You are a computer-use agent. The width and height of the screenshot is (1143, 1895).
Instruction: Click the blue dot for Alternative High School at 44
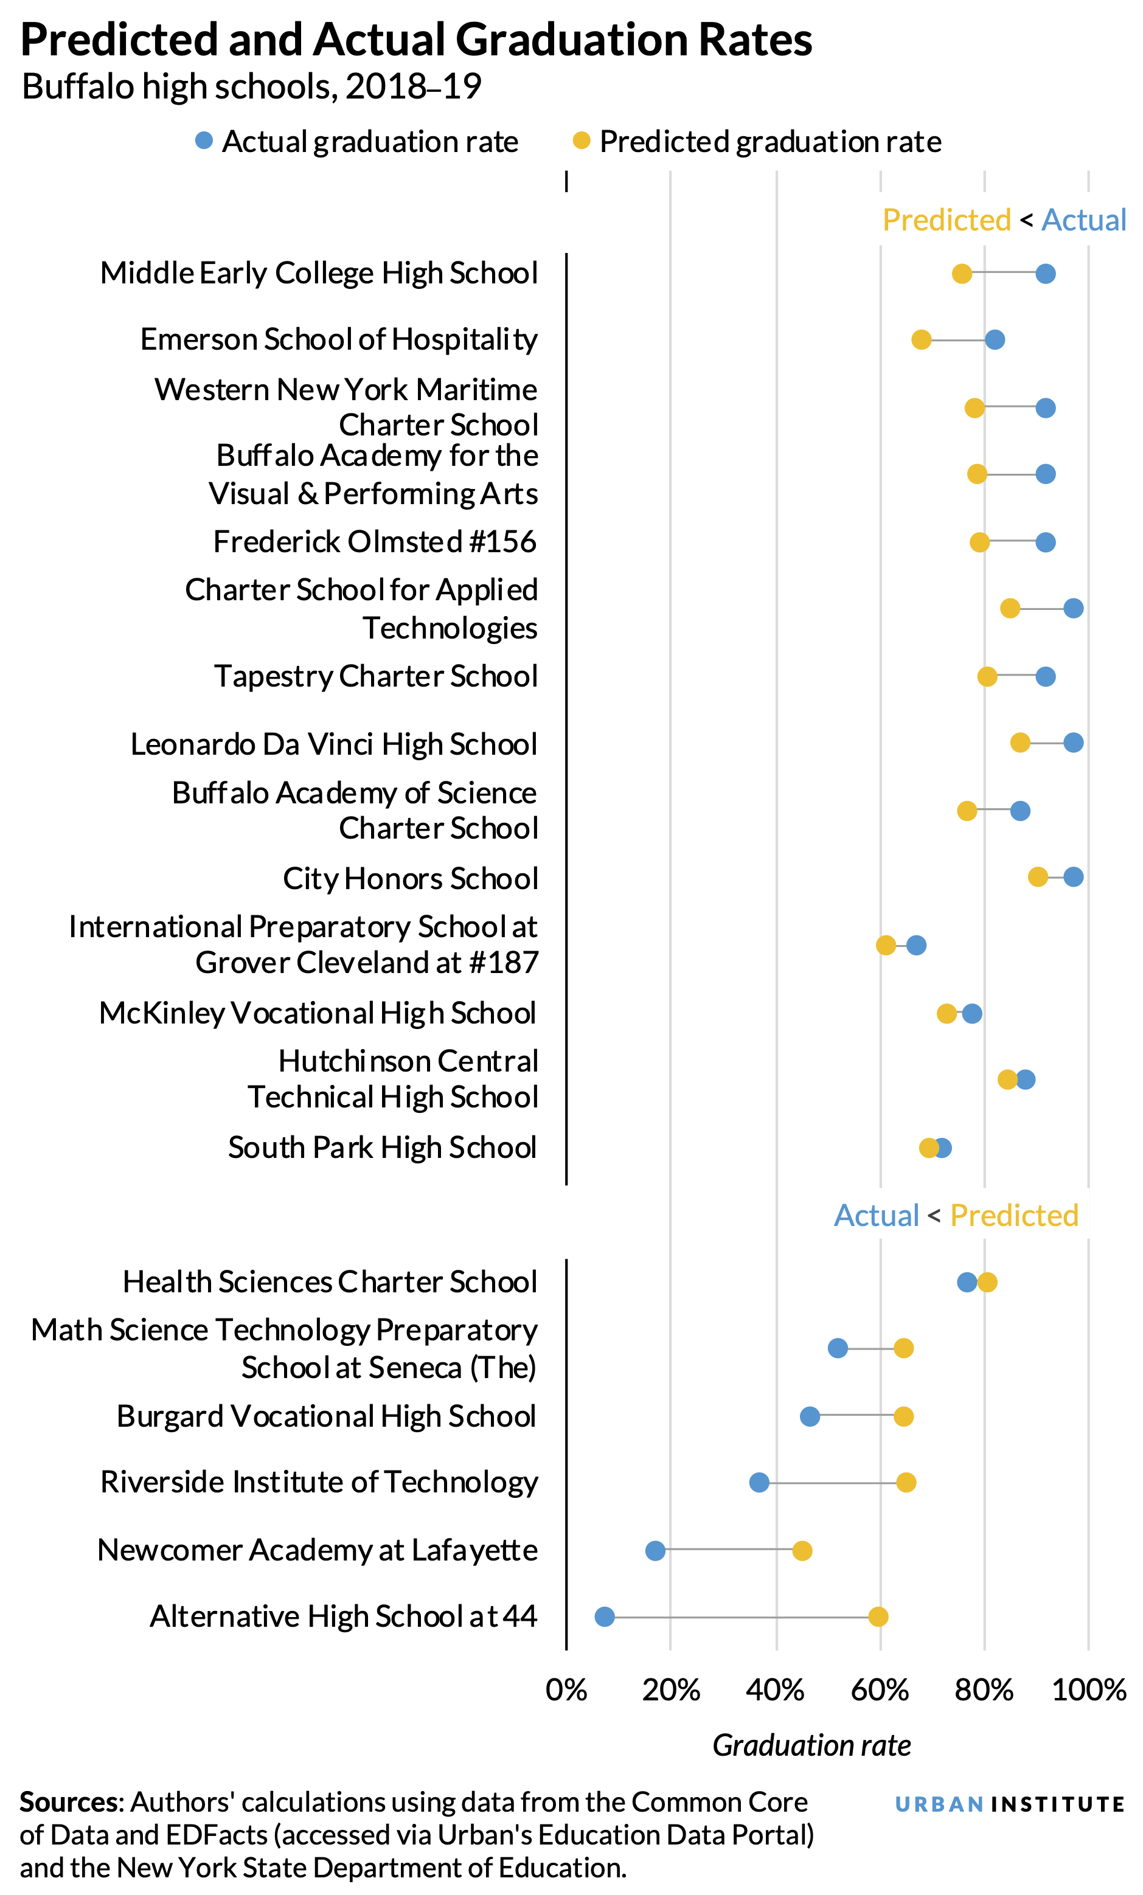pos(605,1616)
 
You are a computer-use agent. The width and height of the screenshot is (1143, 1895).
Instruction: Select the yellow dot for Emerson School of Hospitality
pos(921,340)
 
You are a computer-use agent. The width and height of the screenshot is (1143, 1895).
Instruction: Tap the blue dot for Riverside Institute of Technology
pos(759,1482)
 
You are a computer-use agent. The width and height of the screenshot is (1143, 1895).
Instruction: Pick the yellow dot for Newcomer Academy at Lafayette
pos(802,1550)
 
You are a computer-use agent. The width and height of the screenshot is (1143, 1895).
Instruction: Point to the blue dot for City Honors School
pos(1073,877)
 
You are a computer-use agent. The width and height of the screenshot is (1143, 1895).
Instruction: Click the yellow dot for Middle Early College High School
pos(962,274)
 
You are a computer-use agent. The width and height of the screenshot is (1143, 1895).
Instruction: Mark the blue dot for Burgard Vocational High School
pos(809,1416)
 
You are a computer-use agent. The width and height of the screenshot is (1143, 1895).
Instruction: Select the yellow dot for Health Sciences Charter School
pos(987,1282)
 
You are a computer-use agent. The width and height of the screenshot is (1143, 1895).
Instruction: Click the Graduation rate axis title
pos(811,1746)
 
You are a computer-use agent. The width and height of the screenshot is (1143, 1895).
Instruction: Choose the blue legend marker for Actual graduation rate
pos(204,140)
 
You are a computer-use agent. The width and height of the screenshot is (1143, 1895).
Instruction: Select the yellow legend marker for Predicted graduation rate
pos(582,140)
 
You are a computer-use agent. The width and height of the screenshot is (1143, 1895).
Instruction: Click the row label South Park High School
pos(382,1148)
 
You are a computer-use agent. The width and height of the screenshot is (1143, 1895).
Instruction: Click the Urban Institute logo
pos(1009,1804)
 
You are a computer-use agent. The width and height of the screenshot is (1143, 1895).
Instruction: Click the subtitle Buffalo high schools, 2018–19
pos(251,87)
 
